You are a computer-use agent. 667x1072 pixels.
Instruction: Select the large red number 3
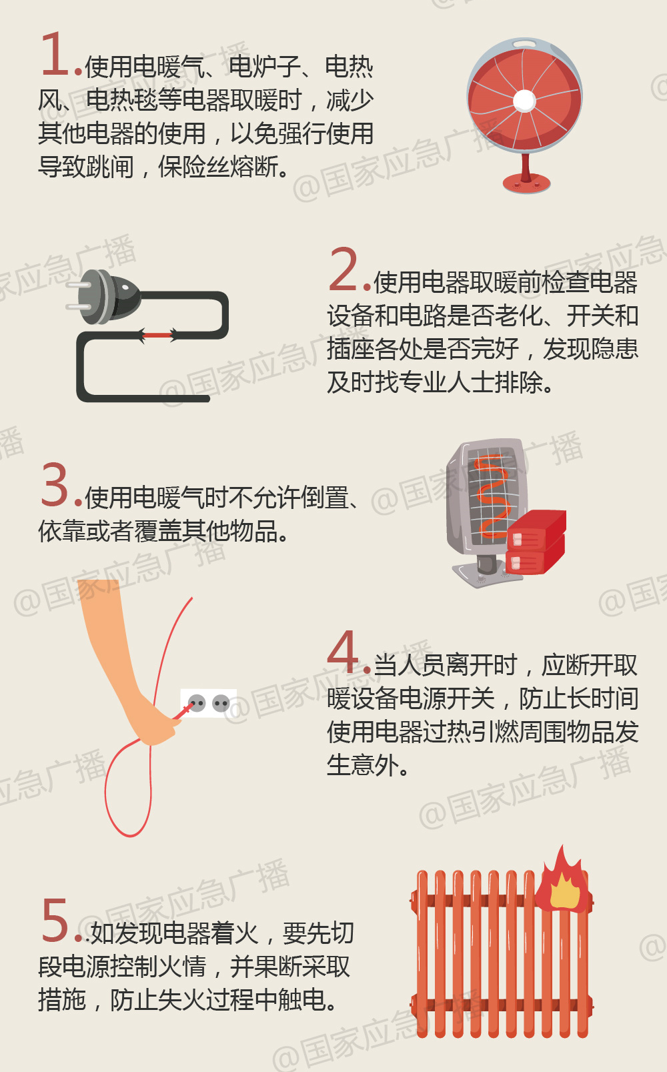click(55, 484)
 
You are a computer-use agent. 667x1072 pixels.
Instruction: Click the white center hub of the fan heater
click(524, 101)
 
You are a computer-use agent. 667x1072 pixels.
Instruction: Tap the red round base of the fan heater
click(526, 183)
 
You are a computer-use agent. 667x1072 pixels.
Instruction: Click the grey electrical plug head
click(104, 297)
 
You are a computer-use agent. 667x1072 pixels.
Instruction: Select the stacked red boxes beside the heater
click(536, 542)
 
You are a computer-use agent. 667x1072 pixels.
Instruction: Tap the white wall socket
click(209, 703)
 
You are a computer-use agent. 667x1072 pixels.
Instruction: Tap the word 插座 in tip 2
click(352, 348)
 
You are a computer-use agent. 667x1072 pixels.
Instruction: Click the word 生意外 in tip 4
click(363, 764)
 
